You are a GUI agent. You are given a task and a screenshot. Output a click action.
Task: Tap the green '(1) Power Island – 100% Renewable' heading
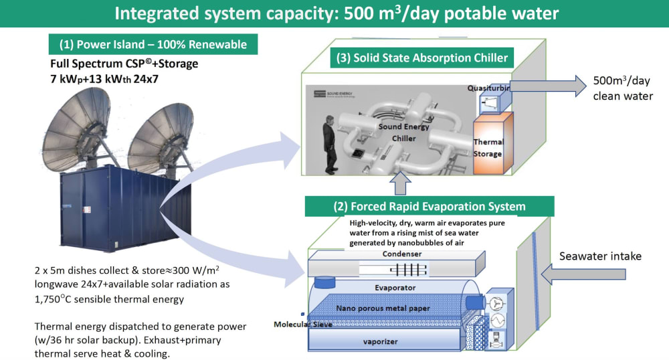(x=153, y=46)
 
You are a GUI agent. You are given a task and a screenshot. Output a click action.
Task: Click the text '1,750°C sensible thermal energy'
(x=108, y=299)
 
